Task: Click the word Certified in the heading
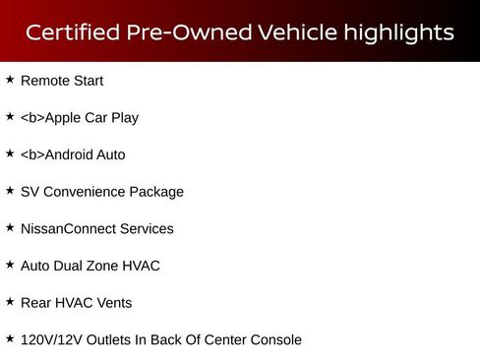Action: [74, 32]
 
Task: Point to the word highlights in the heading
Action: [398, 32]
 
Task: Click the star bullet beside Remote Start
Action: [10, 79]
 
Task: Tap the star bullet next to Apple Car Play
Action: [10, 116]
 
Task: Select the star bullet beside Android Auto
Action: [10, 153]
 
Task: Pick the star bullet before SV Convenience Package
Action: [10, 190]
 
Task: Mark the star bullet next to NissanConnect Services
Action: [10, 227]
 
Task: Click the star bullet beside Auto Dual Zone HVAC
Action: [10, 265]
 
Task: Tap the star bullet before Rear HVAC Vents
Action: [10, 301]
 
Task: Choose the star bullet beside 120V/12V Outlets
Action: [10, 338]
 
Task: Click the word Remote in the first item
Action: [44, 81]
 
